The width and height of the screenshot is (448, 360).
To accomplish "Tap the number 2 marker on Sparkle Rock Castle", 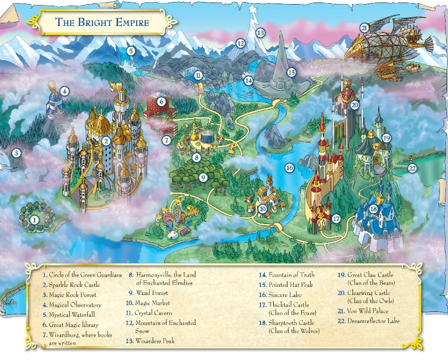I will [x=106, y=141].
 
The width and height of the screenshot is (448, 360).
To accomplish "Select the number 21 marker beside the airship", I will [x=364, y=28].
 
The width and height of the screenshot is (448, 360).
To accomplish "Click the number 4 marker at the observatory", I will [x=64, y=91].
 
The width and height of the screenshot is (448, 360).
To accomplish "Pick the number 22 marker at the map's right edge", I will [x=412, y=168].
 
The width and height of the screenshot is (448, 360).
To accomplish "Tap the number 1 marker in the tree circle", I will [x=34, y=220].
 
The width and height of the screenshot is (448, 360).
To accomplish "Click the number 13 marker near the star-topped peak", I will [x=261, y=33].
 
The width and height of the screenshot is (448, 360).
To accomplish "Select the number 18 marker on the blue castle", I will [x=374, y=209].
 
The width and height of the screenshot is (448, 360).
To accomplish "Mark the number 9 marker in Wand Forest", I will [x=203, y=178].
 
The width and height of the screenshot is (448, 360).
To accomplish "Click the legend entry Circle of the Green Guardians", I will [x=82, y=275].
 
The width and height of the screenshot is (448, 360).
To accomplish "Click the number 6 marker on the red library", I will [x=161, y=101].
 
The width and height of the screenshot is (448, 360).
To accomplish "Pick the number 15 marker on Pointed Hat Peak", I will [x=291, y=72].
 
